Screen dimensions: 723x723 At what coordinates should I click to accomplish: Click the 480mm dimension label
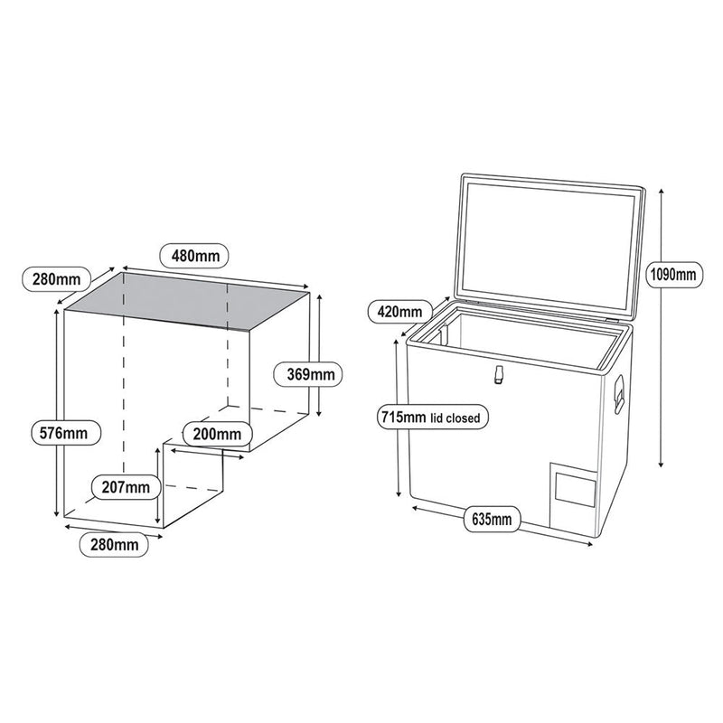pos(194,256)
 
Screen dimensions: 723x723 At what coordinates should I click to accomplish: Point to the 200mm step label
pos(216,434)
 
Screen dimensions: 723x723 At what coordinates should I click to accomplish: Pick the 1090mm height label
pos(671,272)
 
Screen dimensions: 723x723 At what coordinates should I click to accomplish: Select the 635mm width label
pos(491,519)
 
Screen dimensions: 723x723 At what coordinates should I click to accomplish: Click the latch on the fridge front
pos(496,376)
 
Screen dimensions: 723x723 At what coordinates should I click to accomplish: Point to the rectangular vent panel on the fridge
pos(574,489)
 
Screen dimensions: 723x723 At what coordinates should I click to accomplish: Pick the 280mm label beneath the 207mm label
pos(112,544)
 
